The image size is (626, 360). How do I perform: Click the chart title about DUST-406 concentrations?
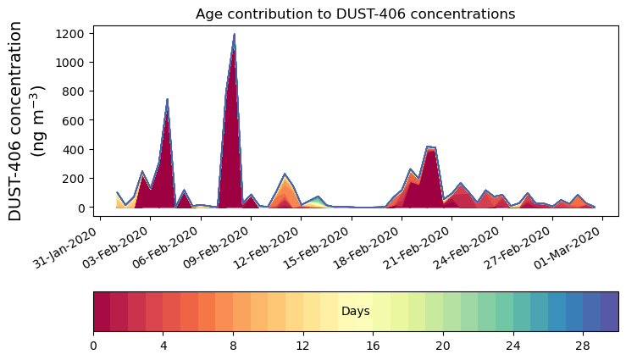355,14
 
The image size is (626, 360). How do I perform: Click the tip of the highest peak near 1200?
234,35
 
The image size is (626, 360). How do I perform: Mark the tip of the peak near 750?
167,99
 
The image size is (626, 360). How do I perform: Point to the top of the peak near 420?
429,147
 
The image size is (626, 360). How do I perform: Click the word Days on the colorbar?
355,312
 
